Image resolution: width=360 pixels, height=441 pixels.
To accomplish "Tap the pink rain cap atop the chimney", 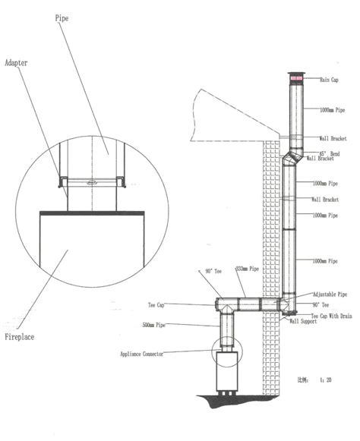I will tap(295, 78).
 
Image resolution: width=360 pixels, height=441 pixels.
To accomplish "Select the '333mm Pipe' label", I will tap(248, 269).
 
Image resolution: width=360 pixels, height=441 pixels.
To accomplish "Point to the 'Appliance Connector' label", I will tap(150, 354).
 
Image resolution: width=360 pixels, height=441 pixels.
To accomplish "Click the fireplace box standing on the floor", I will tap(226, 370).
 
